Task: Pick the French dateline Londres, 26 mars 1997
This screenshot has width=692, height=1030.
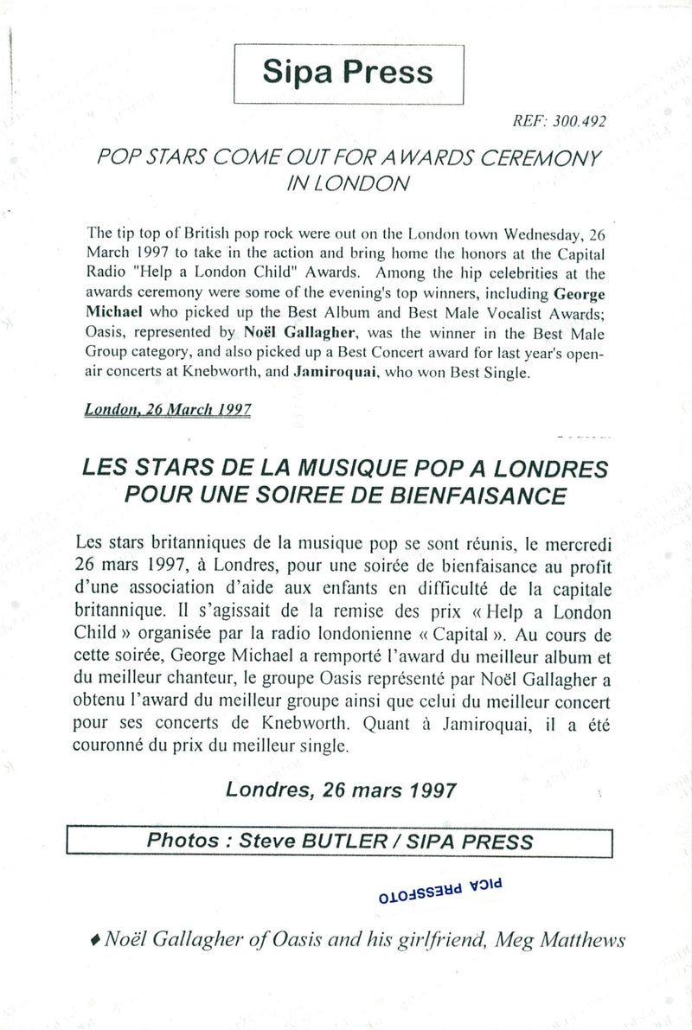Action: point(341,790)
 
